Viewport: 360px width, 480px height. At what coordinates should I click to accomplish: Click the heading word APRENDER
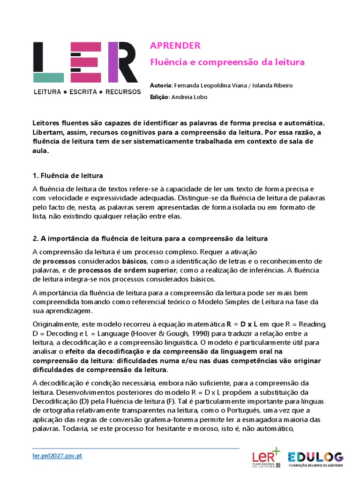point(175,45)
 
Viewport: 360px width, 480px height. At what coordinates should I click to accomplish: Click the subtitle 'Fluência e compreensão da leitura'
point(227,62)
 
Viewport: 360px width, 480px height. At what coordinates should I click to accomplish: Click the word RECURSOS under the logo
point(123,92)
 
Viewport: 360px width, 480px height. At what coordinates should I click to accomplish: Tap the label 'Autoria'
point(161,85)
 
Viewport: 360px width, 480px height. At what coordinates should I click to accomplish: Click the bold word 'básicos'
point(135,261)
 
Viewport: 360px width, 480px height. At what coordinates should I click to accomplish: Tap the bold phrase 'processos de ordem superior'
point(127,270)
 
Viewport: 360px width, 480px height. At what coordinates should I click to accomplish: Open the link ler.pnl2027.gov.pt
point(57,456)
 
